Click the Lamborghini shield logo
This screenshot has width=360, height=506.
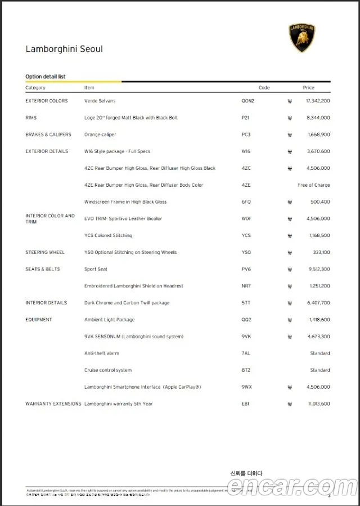(301, 38)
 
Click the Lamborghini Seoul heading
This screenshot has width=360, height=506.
(64, 49)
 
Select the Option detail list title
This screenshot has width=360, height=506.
(46, 77)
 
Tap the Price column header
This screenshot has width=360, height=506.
(309, 88)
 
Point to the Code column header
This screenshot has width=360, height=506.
(264, 88)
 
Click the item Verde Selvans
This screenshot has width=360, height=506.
(100, 101)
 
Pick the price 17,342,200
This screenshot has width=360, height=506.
(318, 101)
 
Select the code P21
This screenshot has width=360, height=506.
(245, 118)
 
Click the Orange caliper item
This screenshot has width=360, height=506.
(100, 135)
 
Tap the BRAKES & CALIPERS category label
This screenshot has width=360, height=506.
(48, 135)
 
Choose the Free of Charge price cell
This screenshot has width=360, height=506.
(314, 185)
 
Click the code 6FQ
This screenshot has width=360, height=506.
(246, 202)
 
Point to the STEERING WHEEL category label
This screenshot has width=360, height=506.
(45, 252)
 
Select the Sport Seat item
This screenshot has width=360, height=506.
(96, 269)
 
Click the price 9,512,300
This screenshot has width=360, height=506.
(319, 269)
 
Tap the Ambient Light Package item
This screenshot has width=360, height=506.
(109, 320)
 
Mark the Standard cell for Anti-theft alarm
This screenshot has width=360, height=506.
(320, 353)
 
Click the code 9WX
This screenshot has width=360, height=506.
(246, 387)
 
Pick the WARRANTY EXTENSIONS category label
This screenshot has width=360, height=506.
(53, 404)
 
